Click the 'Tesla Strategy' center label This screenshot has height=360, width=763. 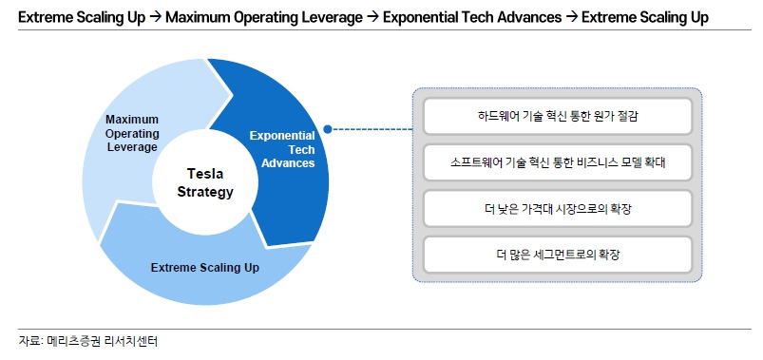click(x=205, y=183)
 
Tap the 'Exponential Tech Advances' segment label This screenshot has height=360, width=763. click(x=282, y=149)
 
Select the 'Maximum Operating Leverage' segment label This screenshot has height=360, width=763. click(x=132, y=133)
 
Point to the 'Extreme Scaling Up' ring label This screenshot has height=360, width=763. click(x=205, y=268)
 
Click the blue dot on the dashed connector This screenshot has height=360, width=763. click(x=328, y=129)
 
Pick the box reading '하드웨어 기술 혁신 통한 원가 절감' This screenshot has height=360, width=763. click(x=557, y=116)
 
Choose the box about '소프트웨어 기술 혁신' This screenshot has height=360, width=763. click(x=557, y=162)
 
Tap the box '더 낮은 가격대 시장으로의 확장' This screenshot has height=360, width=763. click(x=557, y=209)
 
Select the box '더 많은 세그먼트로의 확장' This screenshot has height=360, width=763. click(x=557, y=255)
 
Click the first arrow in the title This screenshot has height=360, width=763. click(x=155, y=17)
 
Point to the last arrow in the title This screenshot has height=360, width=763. click(x=572, y=17)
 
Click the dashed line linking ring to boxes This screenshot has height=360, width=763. click(x=372, y=129)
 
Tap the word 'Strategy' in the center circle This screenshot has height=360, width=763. click(x=205, y=192)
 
